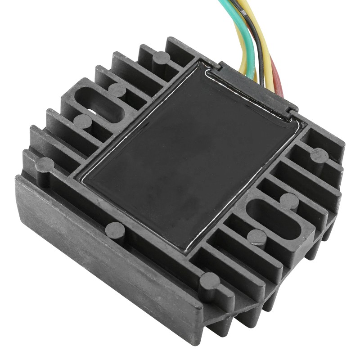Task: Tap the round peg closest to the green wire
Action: pos(161,58)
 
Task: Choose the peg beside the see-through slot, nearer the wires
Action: pos(117,90)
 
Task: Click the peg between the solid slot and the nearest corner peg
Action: pos(257,236)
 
